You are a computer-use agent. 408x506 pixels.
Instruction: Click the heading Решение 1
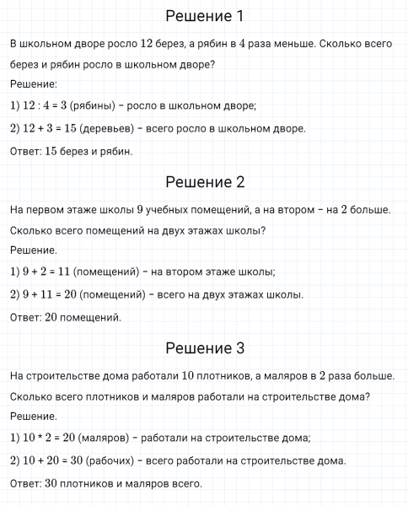click(204, 17)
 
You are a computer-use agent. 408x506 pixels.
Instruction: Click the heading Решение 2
click(204, 182)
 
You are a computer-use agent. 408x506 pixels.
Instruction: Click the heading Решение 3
click(204, 348)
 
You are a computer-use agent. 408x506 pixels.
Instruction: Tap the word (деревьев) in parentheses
click(103, 128)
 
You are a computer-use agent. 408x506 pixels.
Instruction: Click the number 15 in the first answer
click(51, 152)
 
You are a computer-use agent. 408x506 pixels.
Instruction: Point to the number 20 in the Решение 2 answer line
click(51, 318)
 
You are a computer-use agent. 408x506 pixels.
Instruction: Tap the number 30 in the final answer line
click(51, 484)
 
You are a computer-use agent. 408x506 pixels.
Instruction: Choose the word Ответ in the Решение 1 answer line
click(24, 152)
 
